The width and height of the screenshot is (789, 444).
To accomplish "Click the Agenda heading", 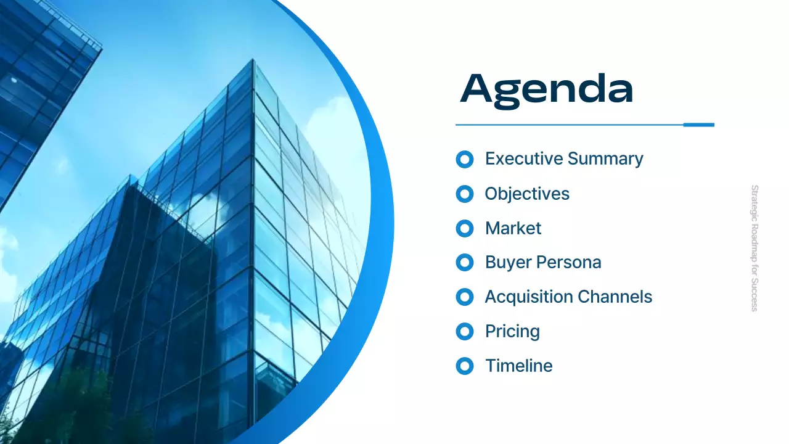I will click(547, 90).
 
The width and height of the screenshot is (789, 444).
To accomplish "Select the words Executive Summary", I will click(564, 159).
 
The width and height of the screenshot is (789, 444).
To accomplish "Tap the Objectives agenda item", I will click(527, 194).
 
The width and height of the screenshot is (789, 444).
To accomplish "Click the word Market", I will click(513, 228).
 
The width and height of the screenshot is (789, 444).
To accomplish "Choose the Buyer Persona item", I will click(542, 263).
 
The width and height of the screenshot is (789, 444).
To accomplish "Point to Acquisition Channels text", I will click(568, 297).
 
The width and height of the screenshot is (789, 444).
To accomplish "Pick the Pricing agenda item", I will click(512, 332).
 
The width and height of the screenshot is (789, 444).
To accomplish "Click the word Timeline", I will click(518, 366).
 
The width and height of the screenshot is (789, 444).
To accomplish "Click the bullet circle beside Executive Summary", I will click(464, 160).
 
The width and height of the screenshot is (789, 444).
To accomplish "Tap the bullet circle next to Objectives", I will click(464, 194).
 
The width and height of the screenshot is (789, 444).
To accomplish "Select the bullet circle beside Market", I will click(464, 229).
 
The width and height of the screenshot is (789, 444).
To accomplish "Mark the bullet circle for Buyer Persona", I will click(464, 263).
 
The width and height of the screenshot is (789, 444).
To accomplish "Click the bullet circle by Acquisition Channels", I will click(464, 297).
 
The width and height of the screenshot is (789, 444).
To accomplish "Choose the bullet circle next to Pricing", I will click(464, 332).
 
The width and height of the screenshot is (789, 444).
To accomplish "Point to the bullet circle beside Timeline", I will click(464, 366).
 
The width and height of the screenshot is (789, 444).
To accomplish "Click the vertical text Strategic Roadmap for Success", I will click(754, 248).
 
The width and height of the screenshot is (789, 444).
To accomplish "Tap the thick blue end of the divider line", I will click(698, 125).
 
